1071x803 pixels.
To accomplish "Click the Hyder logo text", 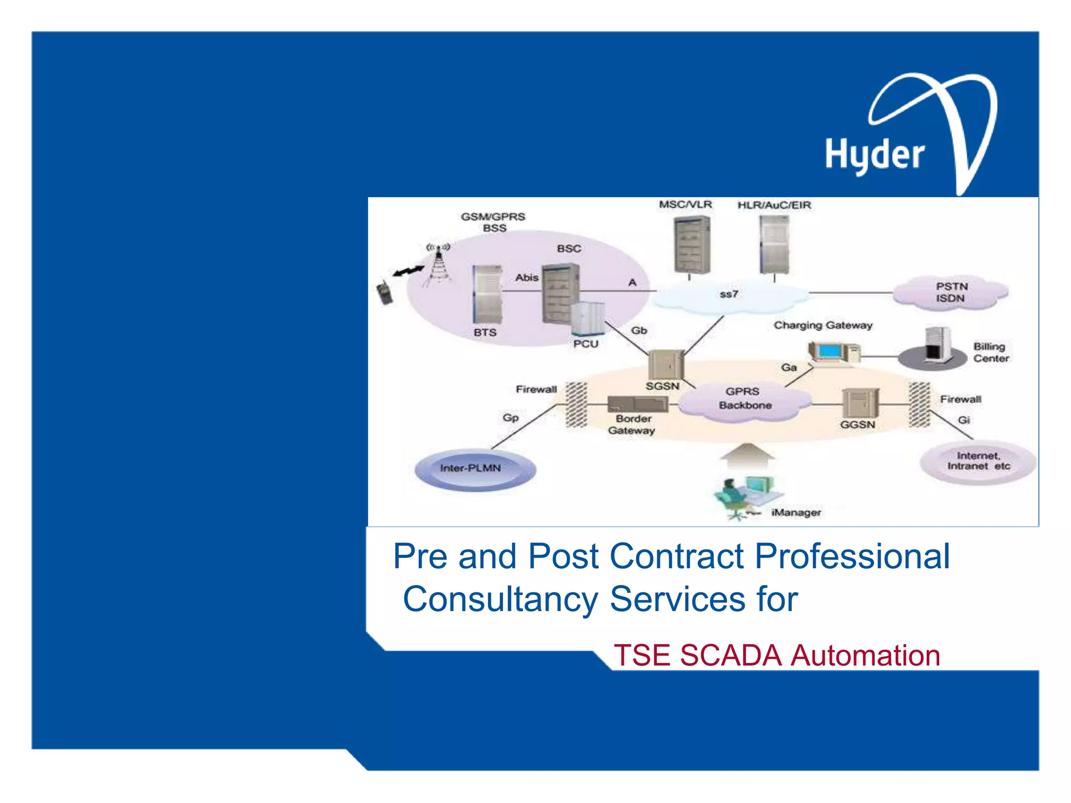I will click(x=874, y=155).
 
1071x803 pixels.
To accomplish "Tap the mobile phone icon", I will click(x=384, y=292).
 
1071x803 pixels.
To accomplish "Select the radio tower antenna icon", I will click(x=438, y=264).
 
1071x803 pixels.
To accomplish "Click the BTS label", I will click(x=485, y=332).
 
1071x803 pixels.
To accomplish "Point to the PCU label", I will click(x=585, y=344).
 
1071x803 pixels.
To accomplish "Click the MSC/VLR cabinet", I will click(x=691, y=244).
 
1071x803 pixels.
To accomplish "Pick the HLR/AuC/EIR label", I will click(x=774, y=205).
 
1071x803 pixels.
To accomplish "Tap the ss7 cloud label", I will click(x=729, y=294).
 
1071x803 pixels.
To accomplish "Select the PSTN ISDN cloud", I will click(x=951, y=292).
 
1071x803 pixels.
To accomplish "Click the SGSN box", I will click(x=665, y=364).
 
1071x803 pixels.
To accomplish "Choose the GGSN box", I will click(x=860, y=404).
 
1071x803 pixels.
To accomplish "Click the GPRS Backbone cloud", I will click(x=745, y=399).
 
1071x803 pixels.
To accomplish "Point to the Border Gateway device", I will click(x=637, y=404).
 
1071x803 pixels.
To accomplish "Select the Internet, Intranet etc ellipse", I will click(x=978, y=461).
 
